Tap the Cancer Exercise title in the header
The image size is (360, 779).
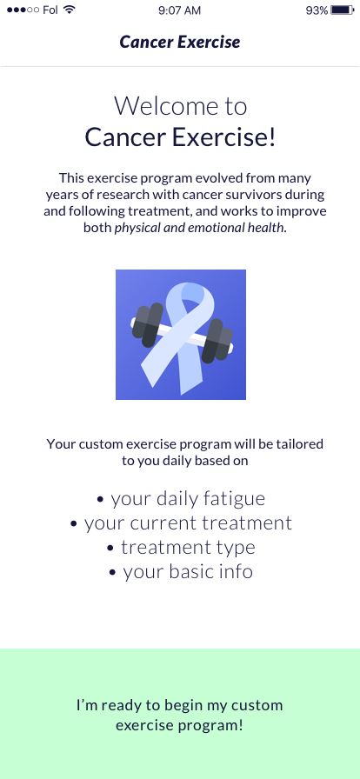tap(180, 43)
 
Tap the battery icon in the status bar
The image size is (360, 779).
tap(342, 10)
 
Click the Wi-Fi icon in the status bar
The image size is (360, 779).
tap(70, 10)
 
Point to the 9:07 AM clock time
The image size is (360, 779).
tap(179, 10)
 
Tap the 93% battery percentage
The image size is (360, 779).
tap(317, 10)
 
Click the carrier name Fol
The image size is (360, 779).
tap(50, 10)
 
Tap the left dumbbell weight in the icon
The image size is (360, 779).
tap(148, 325)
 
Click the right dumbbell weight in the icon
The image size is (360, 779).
tap(217, 341)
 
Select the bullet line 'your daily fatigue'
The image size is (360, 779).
tap(181, 499)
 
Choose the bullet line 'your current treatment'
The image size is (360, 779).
tap(181, 523)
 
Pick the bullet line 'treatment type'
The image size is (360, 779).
tap(181, 548)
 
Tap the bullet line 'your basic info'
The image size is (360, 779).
tap(181, 572)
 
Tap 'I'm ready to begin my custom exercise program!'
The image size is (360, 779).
tap(179, 715)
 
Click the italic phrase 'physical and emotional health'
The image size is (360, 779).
tap(200, 228)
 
